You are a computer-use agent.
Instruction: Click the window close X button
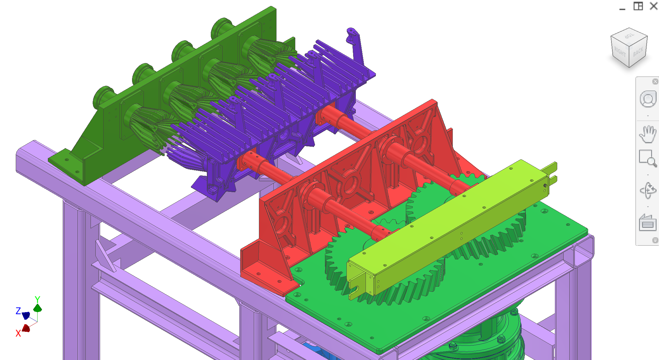tap(654, 6)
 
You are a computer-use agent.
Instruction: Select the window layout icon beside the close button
tap(638, 6)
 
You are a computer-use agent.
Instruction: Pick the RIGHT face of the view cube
tap(620, 53)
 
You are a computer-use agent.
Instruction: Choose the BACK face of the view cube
tap(638, 52)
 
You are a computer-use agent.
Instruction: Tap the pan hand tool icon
tap(648, 134)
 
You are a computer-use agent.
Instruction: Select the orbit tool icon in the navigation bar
tap(648, 191)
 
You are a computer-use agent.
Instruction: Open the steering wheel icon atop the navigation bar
tap(648, 99)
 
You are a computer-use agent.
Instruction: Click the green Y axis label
tap(37, 299)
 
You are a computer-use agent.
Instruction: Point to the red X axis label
tap(18, 333)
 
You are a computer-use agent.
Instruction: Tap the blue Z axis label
tap(18, 311)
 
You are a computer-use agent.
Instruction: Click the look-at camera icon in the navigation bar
tap(648, 224)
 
